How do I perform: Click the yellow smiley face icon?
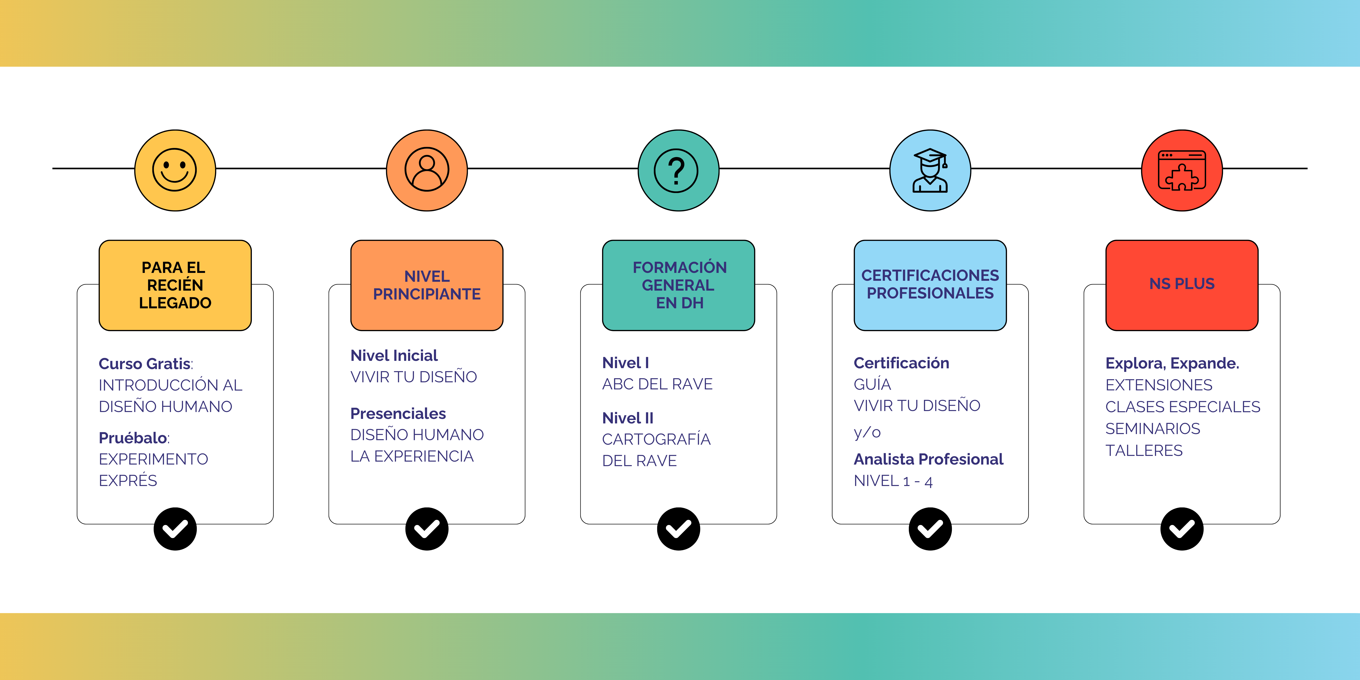[x=175, y=170]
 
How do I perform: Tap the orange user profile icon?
[x=427, y=170]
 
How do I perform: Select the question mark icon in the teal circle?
[x=678, y=170]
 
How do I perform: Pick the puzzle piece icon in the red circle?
[x=1182, y=170]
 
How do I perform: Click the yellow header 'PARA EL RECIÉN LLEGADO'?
[x=175, y=285]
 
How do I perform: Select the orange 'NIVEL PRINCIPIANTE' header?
[x=427, y=285]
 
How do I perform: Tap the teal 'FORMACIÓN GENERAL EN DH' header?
[x=678, y=285]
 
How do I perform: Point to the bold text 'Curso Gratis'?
[x=145, y=364]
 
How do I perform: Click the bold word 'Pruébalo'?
[x=133, y=438]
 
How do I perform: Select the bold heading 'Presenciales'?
[x=398, y=413]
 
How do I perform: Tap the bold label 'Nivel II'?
[x=628, y=418]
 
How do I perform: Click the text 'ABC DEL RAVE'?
[x=657, y=384]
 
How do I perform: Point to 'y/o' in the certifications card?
[x=867, y=432]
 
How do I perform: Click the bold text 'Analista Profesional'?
[x=928, y=459]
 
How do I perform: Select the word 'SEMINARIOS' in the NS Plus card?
[x=1152, y=429]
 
